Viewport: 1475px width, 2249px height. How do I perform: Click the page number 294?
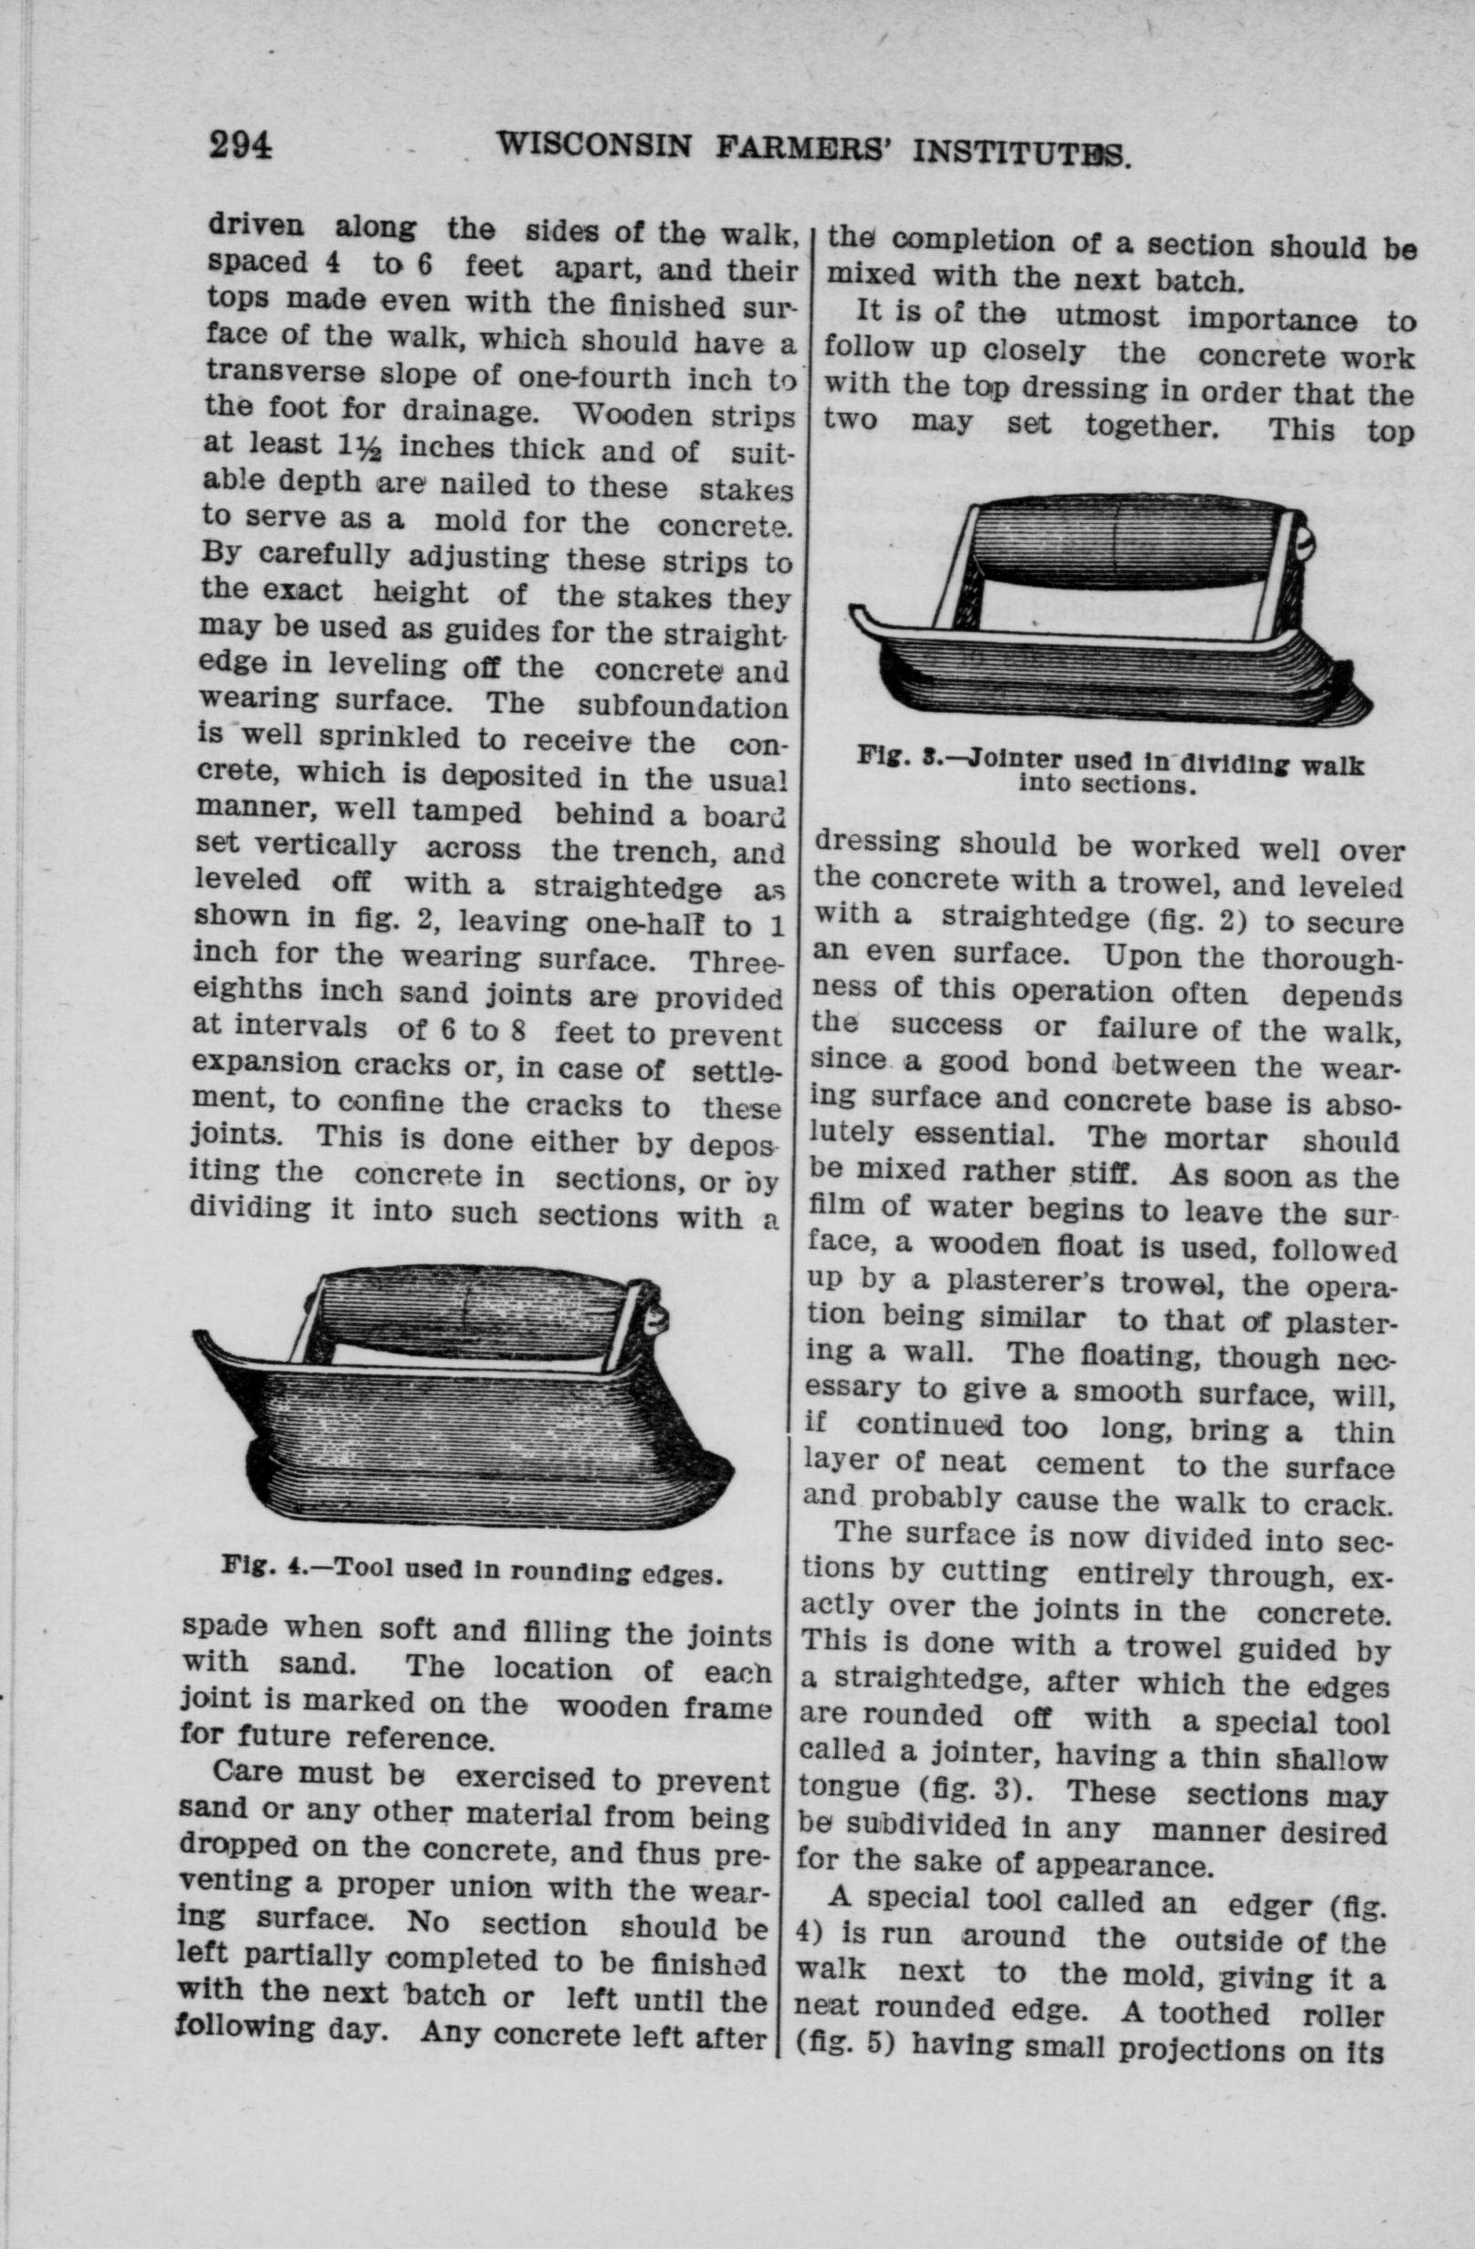241,144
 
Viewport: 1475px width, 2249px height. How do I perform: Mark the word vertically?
323,845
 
